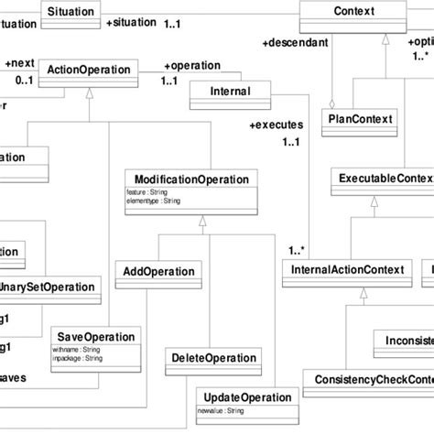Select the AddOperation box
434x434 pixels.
(158, 272)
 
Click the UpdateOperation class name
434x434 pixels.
(246, 398)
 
